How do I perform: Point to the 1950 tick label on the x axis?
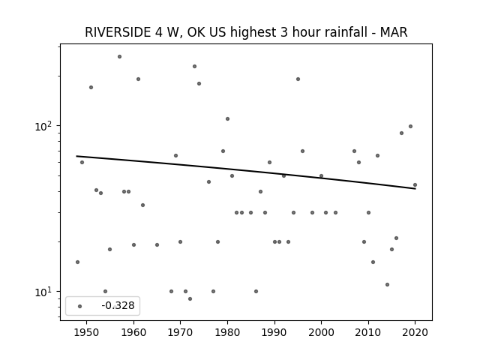(x=87, y=332)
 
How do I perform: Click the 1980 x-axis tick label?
(x=227, y=332)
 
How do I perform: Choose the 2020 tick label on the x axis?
(x=415, y=332)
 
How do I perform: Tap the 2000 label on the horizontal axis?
(x=321, y=332)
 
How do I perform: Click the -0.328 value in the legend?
(x=118, y=305)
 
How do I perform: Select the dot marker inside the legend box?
(x=80, y=306)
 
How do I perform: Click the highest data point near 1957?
(x=119, y=57)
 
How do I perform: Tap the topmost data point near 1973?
(x=194, y=67)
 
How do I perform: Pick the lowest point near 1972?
(x=190, y=298)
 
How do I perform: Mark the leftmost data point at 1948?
(x=77, y=262)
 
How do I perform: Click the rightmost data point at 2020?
(x=415, y=185)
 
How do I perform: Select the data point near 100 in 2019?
(x=410, y=127)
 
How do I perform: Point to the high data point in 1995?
(x=298, y=79)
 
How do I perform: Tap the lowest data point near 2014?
(x=387, y=285)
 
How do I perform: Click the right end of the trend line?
(x=415, y=188)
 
